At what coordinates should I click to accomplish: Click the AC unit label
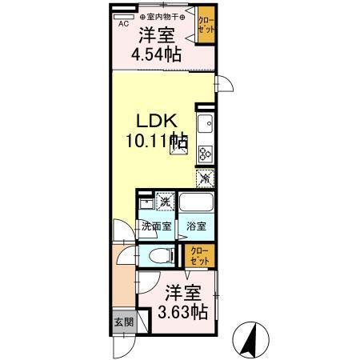coord(124,23)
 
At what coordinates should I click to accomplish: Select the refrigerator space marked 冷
coord(205,178)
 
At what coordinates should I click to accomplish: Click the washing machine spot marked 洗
coord(166,201)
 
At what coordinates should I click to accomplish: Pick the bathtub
coord(195,204)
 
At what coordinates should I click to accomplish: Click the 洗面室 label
coord(156,226)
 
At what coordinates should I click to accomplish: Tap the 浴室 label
coord(196,226)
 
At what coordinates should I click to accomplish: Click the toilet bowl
coord(164,256)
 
